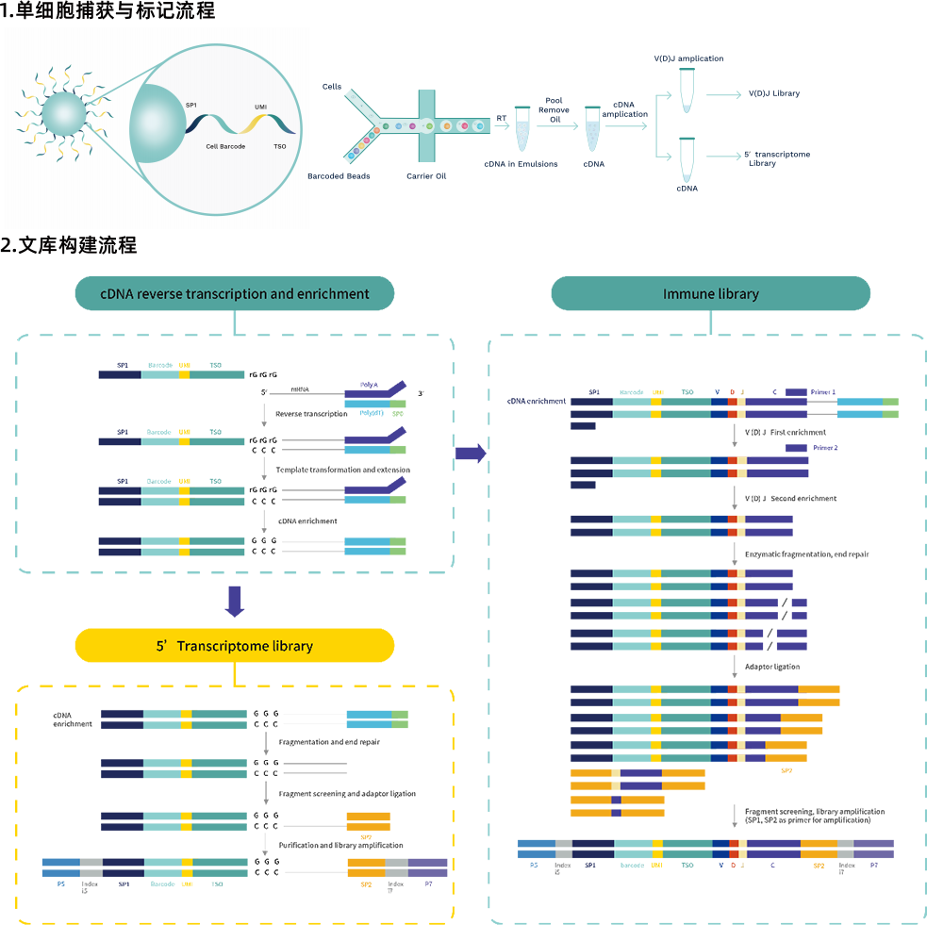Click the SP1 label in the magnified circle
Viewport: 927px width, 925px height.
pyautogui.click(x=191, y=106)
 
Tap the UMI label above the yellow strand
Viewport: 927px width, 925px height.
pyautogui.click(x=260, y=108)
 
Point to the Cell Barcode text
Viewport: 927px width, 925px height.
pyautogui.click(x=225, y=147)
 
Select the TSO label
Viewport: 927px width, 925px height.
pyautogui.click(x=279, y=147)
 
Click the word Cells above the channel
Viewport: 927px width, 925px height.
pyautogui.click(x=332, y=86)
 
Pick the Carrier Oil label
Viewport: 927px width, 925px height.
pyautogui.click(x=426, y=175)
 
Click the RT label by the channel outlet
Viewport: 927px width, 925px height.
pyautogui.click(x=502, y=118)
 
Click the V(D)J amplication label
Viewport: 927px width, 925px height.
pyautogui.click(x=688, y=58)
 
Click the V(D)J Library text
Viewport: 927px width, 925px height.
pyautogui.click(x=773, y=94)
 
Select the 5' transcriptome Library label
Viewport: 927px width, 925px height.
pyautogui.click(x=777, y=158)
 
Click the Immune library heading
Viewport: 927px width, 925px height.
pyautogui.click(x=711, y=294)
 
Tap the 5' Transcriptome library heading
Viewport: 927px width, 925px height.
pyautogui.click(x=234, y=646)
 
